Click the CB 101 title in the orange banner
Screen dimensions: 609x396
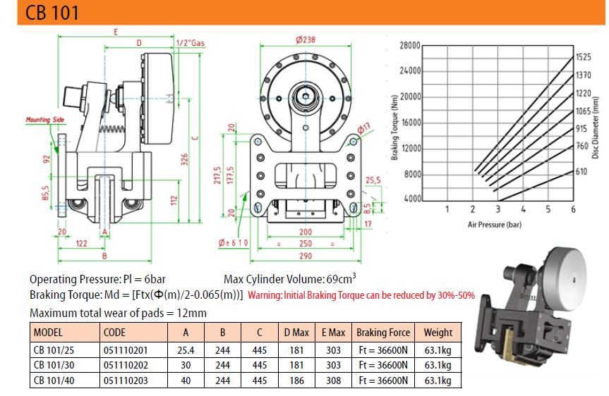52,12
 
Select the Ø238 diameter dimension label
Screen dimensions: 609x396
306,39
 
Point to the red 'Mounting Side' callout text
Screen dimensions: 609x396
45,120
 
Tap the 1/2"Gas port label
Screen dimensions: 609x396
191,43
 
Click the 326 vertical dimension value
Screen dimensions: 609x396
184,159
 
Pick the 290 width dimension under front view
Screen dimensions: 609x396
306,256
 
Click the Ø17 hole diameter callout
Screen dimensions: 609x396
364,128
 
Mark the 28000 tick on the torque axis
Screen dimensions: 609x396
410,45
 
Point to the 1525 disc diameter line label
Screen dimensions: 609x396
583,57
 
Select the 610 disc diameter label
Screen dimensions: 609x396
581,171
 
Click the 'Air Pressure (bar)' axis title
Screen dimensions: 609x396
495,225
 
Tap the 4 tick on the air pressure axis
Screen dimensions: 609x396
523,209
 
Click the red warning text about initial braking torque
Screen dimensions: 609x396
361,295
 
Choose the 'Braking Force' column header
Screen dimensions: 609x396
383,333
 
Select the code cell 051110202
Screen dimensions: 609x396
126,366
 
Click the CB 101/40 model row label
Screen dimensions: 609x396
54,380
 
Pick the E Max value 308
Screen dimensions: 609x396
333,380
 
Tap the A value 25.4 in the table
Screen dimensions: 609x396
186,350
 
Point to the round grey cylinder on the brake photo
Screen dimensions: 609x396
565,278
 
